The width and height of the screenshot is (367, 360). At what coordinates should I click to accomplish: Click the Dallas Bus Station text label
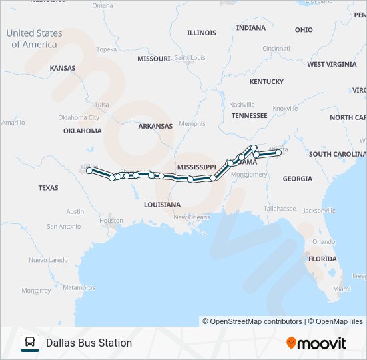(x=89, y=343)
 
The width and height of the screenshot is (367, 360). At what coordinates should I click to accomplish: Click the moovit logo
(x=316, y=343)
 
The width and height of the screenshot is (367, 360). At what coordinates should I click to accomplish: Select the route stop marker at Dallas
(x=89, y=171)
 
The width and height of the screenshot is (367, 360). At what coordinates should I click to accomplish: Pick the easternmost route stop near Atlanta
(x=278, y=153)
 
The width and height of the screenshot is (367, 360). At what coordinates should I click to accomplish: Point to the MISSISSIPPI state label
(x=197, y=167)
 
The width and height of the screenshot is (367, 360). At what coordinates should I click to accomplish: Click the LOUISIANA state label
(x=162, y=205)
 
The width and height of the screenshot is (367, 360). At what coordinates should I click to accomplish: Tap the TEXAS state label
(x=48, y=188)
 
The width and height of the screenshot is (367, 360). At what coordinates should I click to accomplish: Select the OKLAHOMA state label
(x=83, y=131)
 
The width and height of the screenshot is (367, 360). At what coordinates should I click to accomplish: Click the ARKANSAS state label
(x=155, y=126)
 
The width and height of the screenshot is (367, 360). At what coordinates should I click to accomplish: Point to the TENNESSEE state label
(x=249, y=115)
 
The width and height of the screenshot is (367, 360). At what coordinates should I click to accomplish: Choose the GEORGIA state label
(x=297, y=179)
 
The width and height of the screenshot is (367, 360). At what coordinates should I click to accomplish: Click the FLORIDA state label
(x=322, y=259)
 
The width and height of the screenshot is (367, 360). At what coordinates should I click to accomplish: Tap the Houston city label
(x=111, y=220)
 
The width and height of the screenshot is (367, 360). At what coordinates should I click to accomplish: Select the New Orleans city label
(x=192, y=217)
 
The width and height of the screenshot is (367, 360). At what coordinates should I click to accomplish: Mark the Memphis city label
(x=192, y=124)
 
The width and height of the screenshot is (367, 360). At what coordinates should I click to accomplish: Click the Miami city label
(x=341, y=289)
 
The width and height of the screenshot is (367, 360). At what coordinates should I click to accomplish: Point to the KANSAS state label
(x=63, y=68)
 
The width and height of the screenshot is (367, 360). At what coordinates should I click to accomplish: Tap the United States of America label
(x=34, y=39)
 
